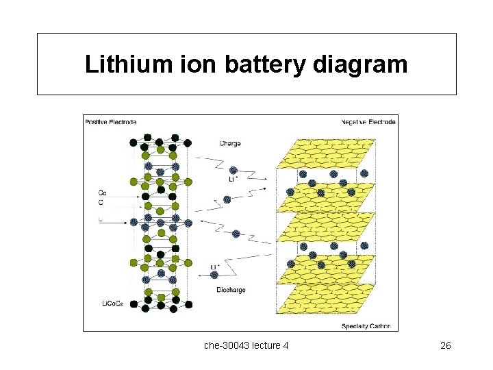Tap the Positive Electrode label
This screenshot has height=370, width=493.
click(110, 122)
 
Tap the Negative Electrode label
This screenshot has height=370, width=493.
click(368, 122)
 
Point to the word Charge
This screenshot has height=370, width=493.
click(230, 144)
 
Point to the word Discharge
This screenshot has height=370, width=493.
click(231, 290)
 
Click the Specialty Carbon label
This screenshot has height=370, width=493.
click(366, 326)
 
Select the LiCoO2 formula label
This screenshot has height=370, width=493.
click(113, 303)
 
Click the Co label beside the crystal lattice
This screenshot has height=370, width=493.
click(102, 193)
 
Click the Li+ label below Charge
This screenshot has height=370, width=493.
click(234, 180)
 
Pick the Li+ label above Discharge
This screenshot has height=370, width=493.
click(215, 266)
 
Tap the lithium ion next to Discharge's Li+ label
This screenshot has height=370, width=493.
click(214, 275)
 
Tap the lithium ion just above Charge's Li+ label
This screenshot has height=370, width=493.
click(233, 170)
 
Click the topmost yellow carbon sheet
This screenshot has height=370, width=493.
click(326, 152)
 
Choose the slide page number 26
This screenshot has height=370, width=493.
click(445, 345)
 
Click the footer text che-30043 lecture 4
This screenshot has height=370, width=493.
click(246, 345)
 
